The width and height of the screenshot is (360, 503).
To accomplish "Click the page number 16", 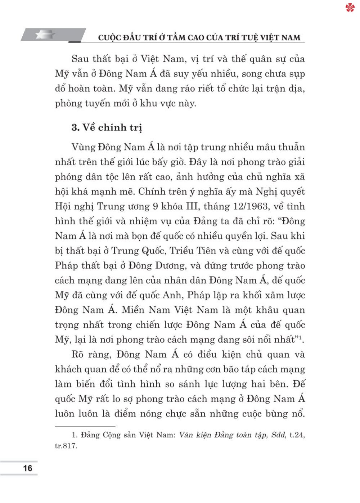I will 27,468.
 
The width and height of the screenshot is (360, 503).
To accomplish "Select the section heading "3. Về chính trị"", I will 107,127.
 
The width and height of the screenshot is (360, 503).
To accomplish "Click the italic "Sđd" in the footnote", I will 279,435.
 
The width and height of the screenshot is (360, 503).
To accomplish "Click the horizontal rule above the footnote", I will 85,426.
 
